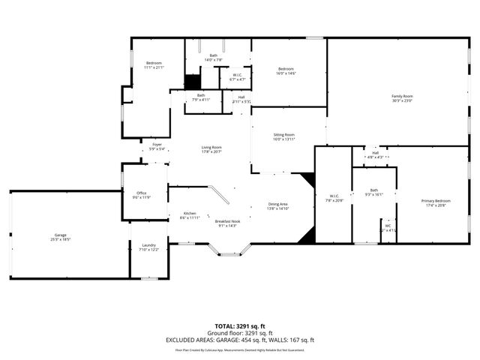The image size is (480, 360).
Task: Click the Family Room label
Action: (x=402, y=96)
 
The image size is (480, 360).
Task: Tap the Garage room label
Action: (x=60, y=235)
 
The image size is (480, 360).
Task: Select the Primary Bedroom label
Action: (x=436, y=201)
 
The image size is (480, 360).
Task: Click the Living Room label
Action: (x=211, y=148)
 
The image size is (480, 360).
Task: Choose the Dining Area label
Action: (x=279, y=205)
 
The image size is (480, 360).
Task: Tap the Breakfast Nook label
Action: (x=227, y=221)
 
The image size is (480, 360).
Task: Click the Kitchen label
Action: (x=190, y=214)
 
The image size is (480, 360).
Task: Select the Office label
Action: (x=142, y=193)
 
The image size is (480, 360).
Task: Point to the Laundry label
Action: (x=148, y=245)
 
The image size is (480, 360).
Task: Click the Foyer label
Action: (x=157, y=145)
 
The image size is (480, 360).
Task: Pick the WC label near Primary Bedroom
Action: (x=388, y=226)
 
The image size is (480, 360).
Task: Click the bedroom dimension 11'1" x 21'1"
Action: (x=154, y=67)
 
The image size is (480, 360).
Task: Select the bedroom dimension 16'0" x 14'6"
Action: (x=286, y=73)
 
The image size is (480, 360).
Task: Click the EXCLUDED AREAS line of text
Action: (x=240, y=340)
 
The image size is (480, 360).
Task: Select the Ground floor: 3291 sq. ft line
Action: (x=240, y=334)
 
